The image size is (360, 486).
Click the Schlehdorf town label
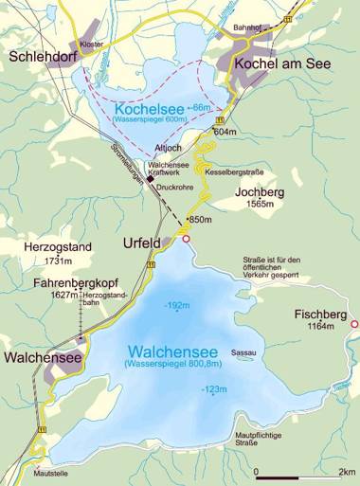point(41,57)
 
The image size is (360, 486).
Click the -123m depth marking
point(213,389)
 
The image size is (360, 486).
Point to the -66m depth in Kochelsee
point(200,109)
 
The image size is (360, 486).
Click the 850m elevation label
point(200,220)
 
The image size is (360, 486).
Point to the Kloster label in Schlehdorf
point(92,44)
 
